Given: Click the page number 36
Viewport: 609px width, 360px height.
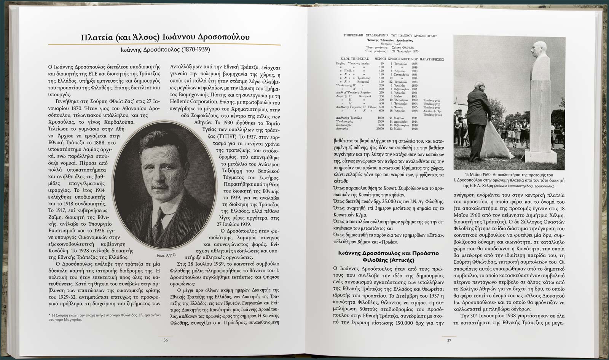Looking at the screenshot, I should click(166, 340).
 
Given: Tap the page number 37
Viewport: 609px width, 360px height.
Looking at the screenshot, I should click(449, 340).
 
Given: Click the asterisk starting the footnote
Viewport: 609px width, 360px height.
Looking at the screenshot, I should click(49, 315).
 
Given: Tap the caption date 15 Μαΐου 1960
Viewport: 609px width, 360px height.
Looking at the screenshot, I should click(480, 174).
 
